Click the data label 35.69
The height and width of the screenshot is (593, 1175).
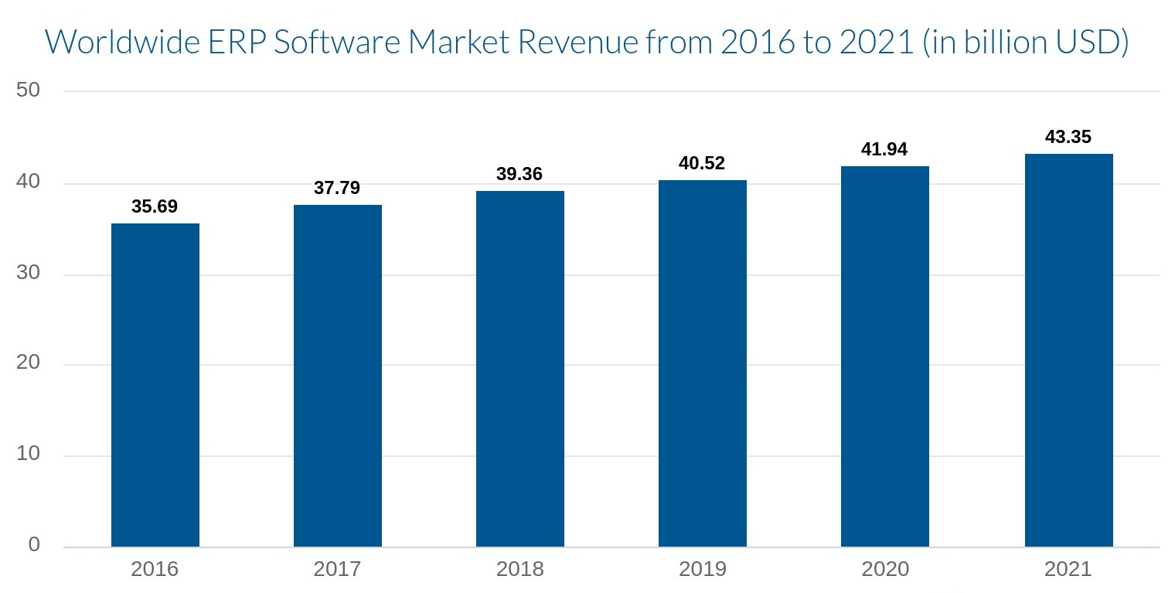click(x=155, y=206)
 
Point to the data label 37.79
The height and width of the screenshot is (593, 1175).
click(x=337, y=188)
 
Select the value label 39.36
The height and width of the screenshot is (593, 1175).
click(x=519, y=174)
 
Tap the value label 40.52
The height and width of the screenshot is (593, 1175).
click(x=702, y=163)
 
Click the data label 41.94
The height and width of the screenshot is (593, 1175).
click(x=884, y=149)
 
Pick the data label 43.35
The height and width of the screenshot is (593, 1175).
click(x=1068, y=137)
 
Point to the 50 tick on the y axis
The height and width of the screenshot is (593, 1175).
click(x=29, y=90)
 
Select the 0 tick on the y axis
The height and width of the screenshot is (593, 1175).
click(x=34, y=545)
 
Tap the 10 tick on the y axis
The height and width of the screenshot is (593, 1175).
click(x=29, y=455)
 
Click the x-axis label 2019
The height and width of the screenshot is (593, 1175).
click(x=703, y=570)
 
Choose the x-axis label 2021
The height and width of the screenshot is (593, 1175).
click(x=1068, y=570)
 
